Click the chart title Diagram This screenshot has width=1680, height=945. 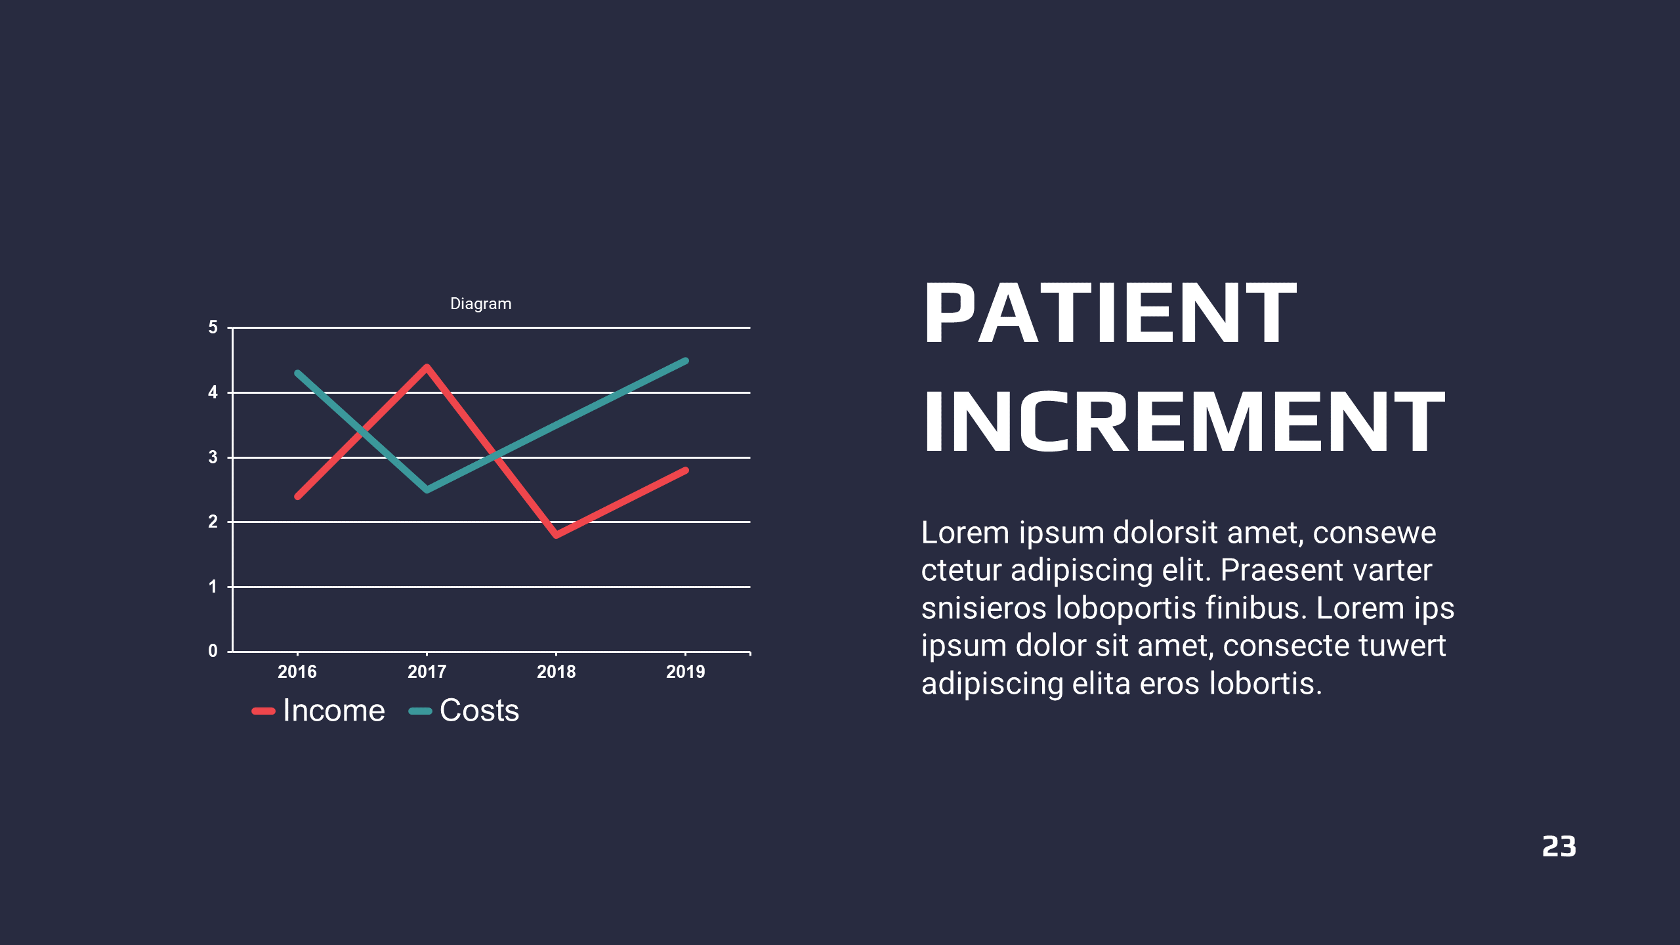pos(480,304)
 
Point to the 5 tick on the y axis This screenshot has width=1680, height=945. pos(213,327)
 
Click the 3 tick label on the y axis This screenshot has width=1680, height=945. pos(213,457)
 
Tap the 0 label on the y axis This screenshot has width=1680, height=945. pos(213,651)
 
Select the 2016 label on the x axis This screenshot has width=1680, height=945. pos(297,671)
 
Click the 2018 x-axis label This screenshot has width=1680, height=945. pos(556,671)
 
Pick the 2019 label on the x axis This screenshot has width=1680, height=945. pos(685,671)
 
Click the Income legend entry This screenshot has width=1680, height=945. pos(319,711)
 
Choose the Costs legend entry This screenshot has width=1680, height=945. pos(464,711)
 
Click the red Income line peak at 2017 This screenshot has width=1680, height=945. pos(427,367)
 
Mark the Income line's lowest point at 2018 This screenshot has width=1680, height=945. pos(556,535)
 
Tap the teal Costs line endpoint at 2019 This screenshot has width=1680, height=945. pos(686,361)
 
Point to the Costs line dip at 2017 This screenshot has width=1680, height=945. pos(427,490)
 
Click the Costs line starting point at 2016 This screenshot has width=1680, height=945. pos(297,373)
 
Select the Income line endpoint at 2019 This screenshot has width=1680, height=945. pos(686,470)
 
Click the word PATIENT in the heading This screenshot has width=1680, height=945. pos(1110,312)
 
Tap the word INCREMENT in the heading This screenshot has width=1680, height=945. pos(1184,421)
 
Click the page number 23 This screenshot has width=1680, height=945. pos(1559,847)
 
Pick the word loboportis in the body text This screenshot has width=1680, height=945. pos(1126,608)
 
